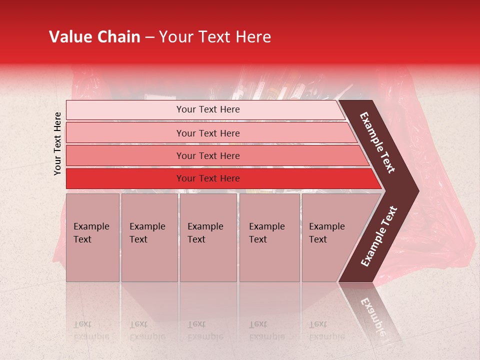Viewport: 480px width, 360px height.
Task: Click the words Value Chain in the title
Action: pos(94,37)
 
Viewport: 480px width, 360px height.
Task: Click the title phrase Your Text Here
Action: pos(215,37)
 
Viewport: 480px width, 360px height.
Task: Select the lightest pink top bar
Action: pos(125,110)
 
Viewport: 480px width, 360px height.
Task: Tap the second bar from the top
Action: pos(125,133)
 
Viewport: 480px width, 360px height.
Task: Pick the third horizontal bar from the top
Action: pos(125,155)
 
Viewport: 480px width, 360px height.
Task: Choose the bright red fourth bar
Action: pos(125,178)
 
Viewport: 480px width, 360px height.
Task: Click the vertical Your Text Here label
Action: pos(57,144)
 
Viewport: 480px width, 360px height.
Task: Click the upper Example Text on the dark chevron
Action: pos(378,142)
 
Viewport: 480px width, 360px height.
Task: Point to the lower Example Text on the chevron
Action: pos(379,236)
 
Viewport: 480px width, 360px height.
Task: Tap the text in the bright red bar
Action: pos(208,178)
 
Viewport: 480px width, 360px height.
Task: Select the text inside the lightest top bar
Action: pos(208,109)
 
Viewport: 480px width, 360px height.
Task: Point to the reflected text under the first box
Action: pos(91,330)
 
